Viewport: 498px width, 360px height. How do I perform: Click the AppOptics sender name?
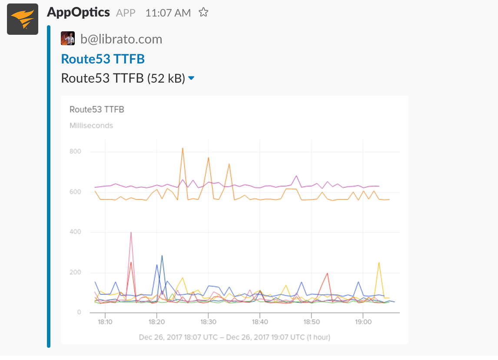click(78, 12)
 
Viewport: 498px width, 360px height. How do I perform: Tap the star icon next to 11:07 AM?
click(203, 13)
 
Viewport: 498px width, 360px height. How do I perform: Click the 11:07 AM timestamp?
click(168, 13)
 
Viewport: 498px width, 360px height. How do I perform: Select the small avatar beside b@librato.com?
click(68, 39)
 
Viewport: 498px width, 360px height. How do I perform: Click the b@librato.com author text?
click(121, 39)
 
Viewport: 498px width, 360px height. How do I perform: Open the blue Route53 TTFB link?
click(103, 59)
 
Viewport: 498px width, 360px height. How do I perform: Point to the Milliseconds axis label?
click(91, 126)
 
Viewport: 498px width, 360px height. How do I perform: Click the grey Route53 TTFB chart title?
click(97, 110)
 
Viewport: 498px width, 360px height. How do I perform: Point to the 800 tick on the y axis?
click(75, 152)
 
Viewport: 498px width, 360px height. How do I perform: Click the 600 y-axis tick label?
click(75, 192)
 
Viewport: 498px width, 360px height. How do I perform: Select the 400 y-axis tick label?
click(75, 232)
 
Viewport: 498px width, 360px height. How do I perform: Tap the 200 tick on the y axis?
click(75, 272)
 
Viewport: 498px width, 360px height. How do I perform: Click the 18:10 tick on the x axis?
click(105, 322)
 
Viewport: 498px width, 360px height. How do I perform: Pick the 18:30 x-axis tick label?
click(208, 322)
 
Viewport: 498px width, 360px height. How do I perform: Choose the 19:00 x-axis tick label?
click(363, 322)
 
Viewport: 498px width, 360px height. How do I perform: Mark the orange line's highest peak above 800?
click(183, 148)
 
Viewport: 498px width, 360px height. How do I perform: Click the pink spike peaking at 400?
click(131, 233)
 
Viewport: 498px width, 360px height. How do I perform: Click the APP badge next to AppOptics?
click(126, 13)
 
